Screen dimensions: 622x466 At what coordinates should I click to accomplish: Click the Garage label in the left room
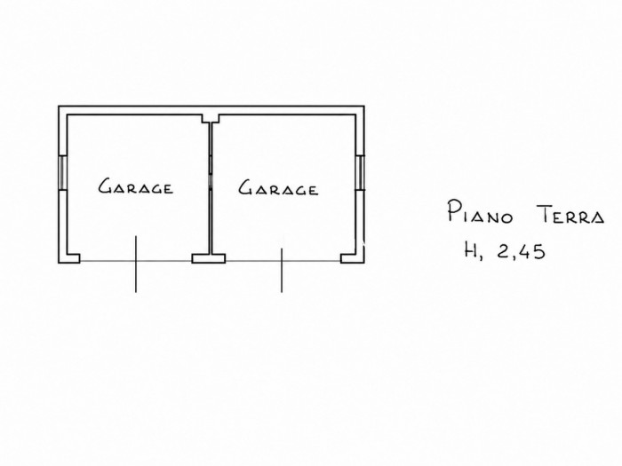136,186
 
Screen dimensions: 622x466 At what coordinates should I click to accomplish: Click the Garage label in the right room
278,188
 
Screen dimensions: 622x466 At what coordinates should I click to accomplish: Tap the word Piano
481,212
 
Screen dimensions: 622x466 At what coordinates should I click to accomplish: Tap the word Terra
571,216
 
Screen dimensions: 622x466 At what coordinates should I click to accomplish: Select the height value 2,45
521,251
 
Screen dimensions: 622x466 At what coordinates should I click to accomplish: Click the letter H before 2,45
472,250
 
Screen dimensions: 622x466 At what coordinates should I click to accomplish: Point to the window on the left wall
63,172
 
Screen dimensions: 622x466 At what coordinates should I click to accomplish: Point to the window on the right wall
360,173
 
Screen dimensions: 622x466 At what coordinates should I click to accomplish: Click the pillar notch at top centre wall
211,118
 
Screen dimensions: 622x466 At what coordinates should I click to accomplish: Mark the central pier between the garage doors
209,258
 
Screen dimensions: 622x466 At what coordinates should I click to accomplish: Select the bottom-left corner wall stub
69,258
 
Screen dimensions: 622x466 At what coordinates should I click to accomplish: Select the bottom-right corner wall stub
352,258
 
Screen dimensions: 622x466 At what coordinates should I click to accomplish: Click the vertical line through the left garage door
136,264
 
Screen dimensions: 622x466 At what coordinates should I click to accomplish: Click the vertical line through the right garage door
282,270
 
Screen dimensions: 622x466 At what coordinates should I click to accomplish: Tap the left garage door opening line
136,261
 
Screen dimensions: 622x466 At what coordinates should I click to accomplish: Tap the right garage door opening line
283,261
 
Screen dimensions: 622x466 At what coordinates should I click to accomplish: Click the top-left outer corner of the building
59,106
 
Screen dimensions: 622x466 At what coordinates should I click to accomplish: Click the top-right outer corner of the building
364,106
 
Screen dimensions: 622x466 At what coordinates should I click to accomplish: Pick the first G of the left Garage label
105,186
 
